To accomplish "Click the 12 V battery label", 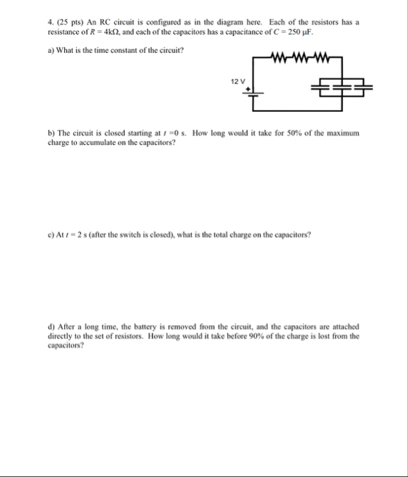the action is click(236, 82).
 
